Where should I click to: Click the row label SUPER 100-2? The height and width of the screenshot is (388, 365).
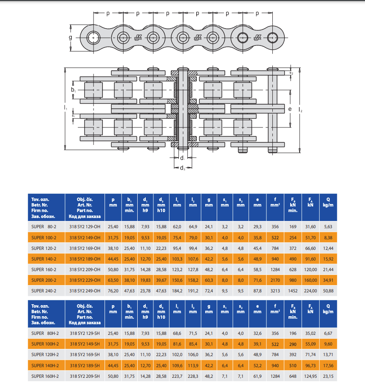(x=44, y=238)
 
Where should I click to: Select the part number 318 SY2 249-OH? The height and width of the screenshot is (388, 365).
(x=85, y=291)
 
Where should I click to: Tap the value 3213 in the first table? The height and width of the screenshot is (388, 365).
(x=275, y=291)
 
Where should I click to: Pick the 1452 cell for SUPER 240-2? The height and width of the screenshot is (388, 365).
(x=293, y=291)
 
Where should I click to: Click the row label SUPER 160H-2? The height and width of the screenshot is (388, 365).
(x=45, y=377)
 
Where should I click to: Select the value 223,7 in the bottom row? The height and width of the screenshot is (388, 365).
(x=177, y=377)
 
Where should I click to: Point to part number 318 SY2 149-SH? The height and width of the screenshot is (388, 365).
(x=85, y=344)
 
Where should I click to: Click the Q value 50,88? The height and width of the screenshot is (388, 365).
(x=328, y=291)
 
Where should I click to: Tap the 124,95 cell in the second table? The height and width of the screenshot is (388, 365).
(x=311, y=377)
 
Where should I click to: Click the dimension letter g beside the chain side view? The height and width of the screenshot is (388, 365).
(x=71, y=38)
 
